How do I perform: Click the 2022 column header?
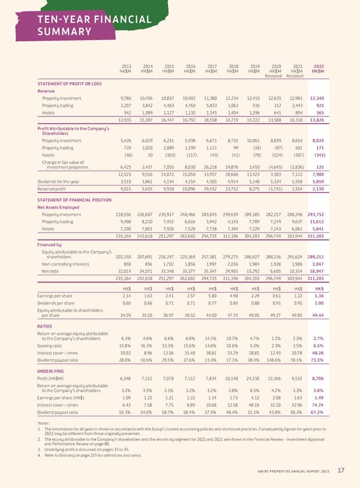319,66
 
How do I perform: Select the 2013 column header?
126,66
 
